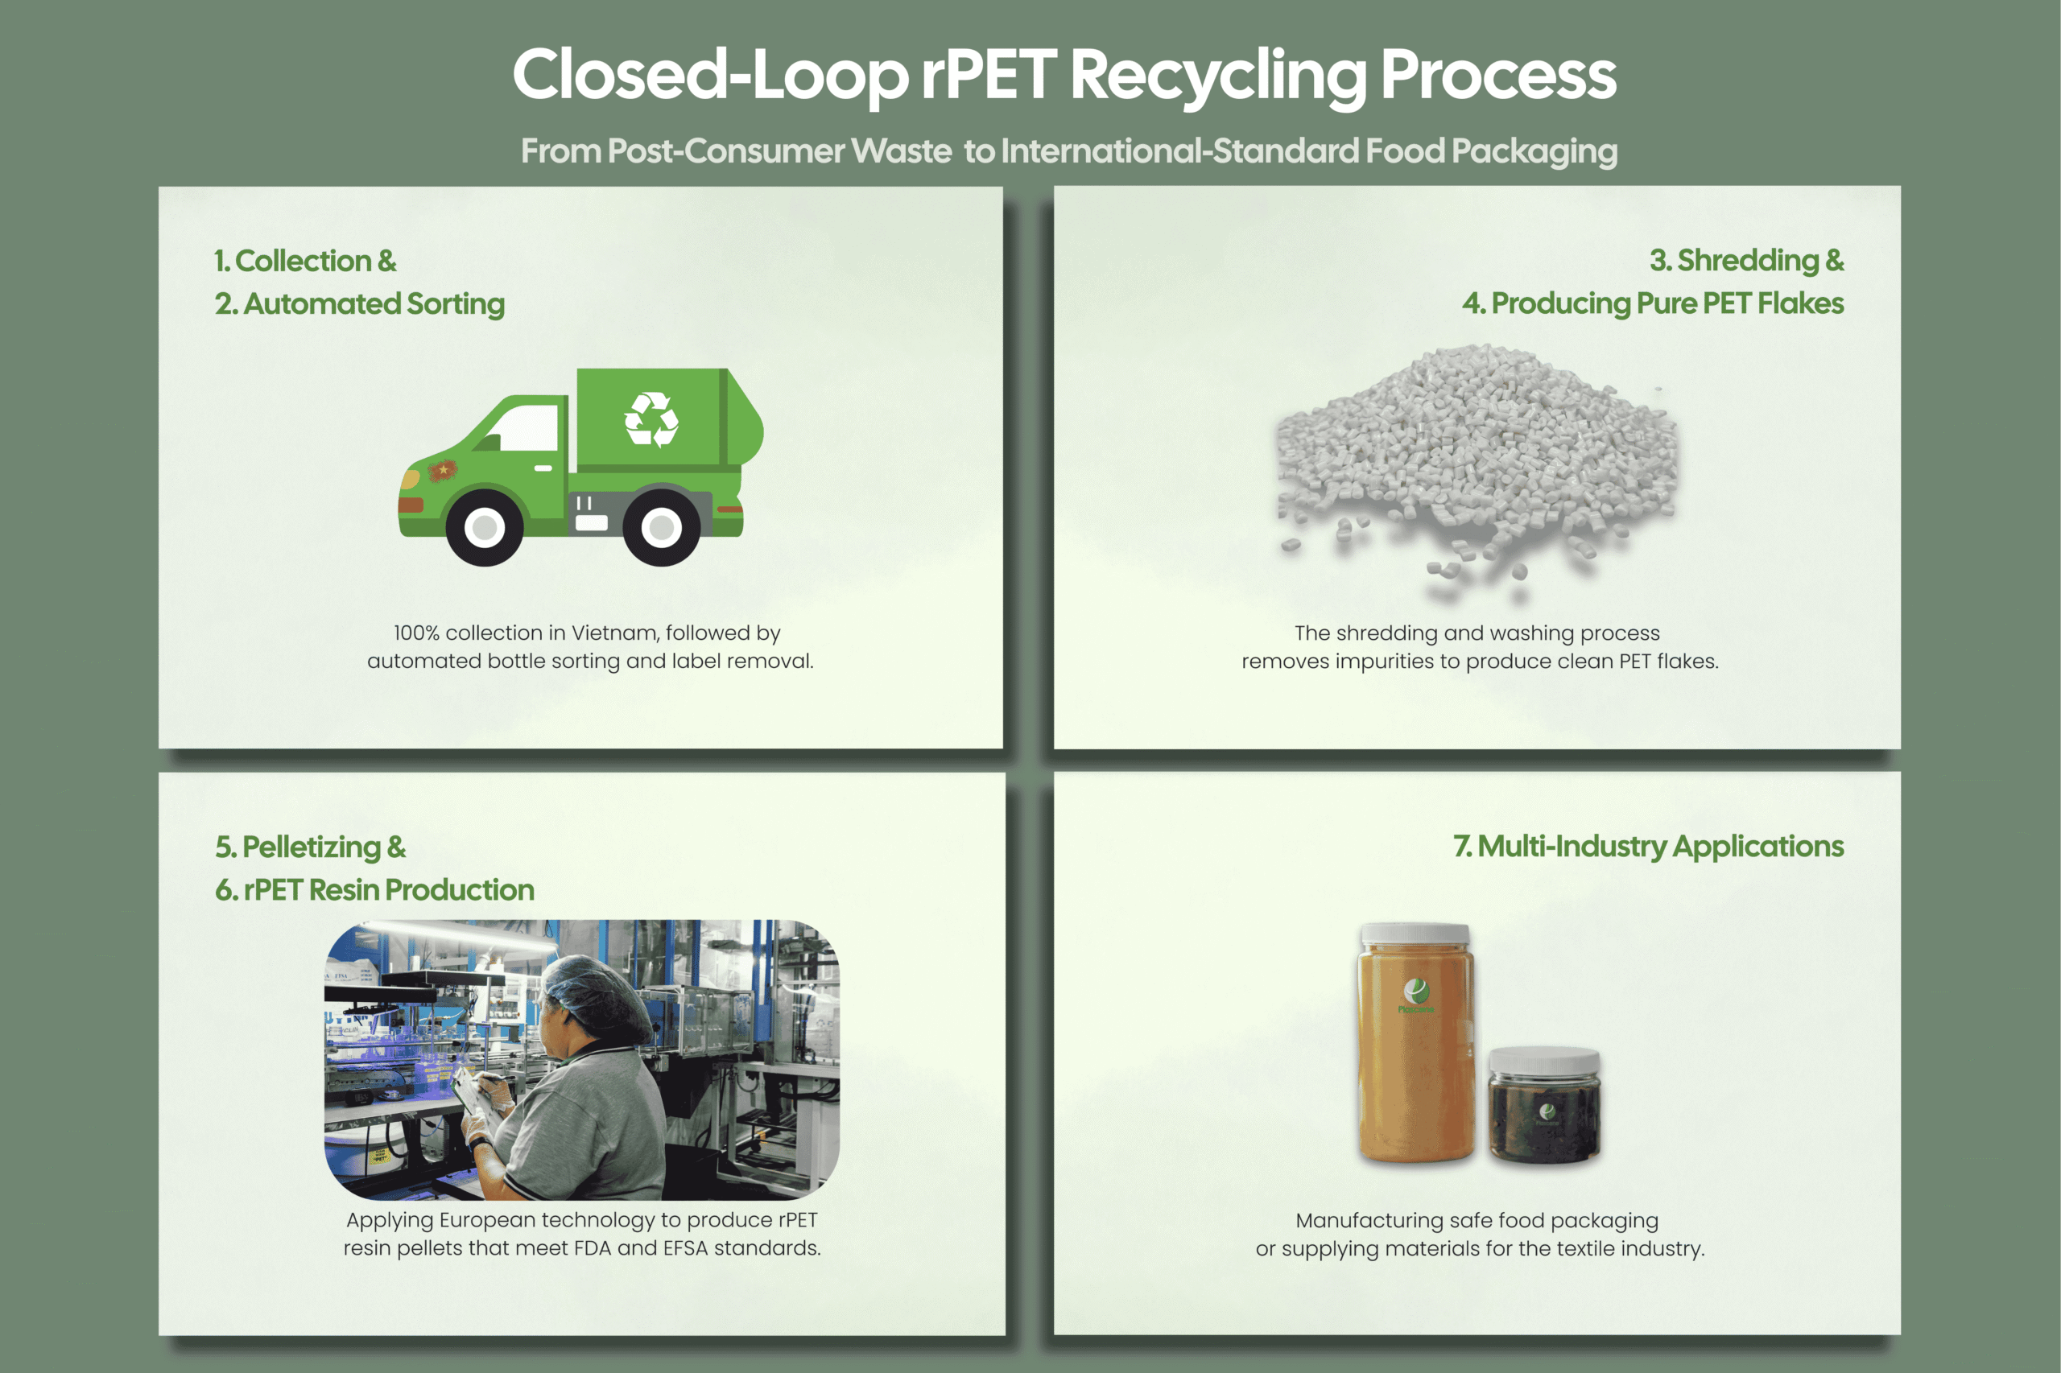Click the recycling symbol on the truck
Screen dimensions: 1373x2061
click(651, 419)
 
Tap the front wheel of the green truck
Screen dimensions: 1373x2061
click(485, 527)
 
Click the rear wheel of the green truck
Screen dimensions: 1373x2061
click(661, 527)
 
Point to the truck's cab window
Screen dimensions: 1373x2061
click(526, 429)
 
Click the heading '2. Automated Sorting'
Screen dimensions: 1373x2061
click(359, 304)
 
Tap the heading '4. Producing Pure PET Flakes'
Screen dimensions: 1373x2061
click(1652, 303)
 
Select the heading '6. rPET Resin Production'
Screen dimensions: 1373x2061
click(374, 889)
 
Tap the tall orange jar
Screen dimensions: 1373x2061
click(1415, 1051)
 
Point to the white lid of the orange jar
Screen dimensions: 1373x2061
click(1415, 934)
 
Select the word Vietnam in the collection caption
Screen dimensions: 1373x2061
click(614, 633)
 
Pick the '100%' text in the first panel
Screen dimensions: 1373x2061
click(415, 633)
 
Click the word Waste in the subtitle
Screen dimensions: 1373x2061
click(902, 150)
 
